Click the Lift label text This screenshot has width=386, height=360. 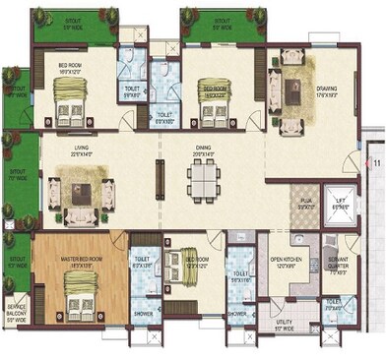pos(341,207)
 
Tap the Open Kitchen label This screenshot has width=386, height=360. pos(286,263)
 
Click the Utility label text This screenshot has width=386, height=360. pos(285,325)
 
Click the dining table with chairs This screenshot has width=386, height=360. pos(206,181)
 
